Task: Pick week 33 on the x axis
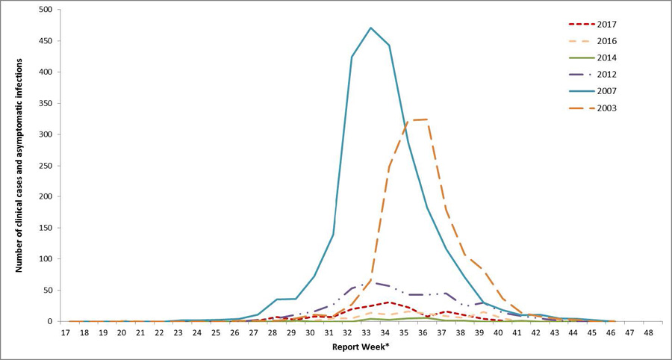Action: tap(370, 333)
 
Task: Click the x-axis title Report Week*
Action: tap(361, 348)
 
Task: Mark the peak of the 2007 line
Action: tap(370, 28)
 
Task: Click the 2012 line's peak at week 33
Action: tap(370, 282)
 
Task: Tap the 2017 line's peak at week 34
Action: tap(389, 302)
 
